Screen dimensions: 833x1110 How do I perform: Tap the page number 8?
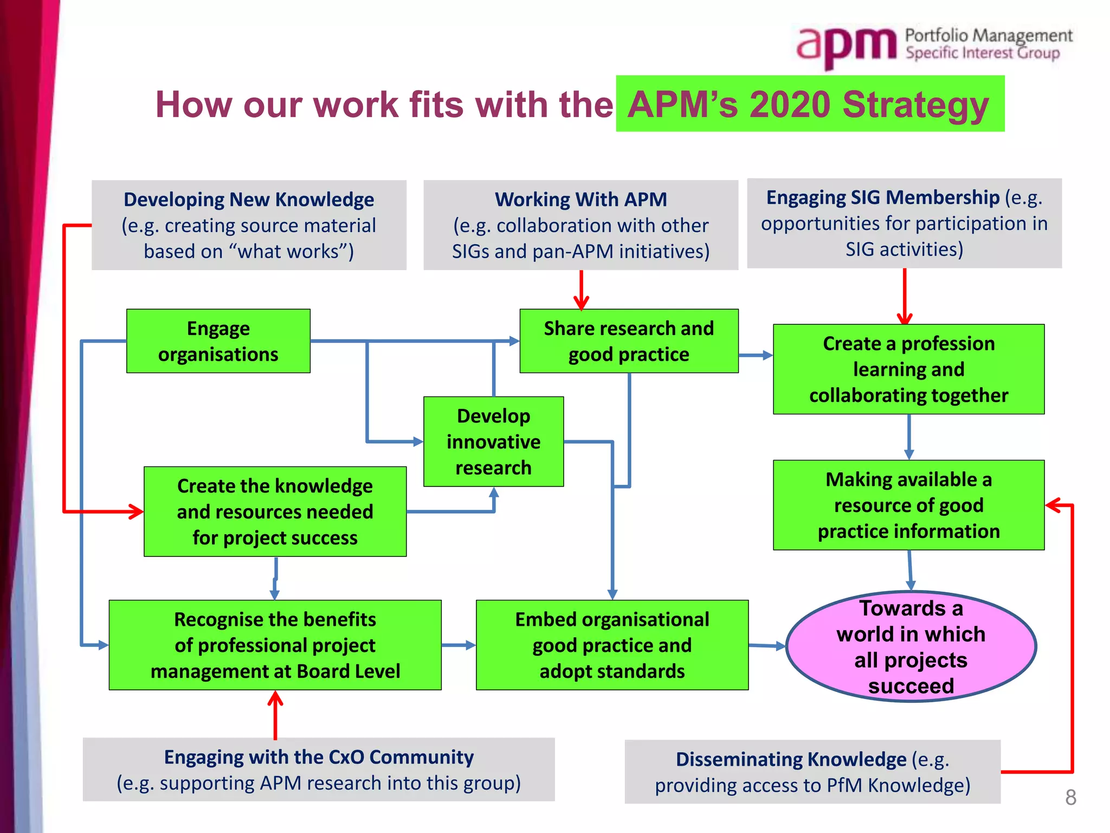tap(1070, 797)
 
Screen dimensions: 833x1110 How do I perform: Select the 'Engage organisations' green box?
tap(218, 341)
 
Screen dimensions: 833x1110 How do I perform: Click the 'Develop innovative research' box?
tap(493, 441)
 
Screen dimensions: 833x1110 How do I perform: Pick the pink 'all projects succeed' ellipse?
tap(911, 646)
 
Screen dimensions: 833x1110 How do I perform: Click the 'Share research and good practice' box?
tap(629, 341)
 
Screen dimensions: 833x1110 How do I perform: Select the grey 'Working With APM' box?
tap(580, 225)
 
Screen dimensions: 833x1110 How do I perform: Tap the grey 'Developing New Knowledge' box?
tap(249, 225)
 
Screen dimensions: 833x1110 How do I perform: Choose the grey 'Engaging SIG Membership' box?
tap(904, 223)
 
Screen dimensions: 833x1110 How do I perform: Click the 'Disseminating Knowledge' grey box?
tap(812, 772)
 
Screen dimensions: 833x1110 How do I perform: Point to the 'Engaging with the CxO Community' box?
tap(319, 770)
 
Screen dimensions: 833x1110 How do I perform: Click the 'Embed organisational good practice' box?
tap(612, 645)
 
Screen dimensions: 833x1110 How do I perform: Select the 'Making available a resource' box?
tap(908, 505)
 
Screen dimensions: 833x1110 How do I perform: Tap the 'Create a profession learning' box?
tap(908, 369)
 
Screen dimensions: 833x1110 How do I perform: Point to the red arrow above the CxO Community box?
tap(275, 715)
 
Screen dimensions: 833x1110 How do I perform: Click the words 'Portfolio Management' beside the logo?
tap(989, 35)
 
